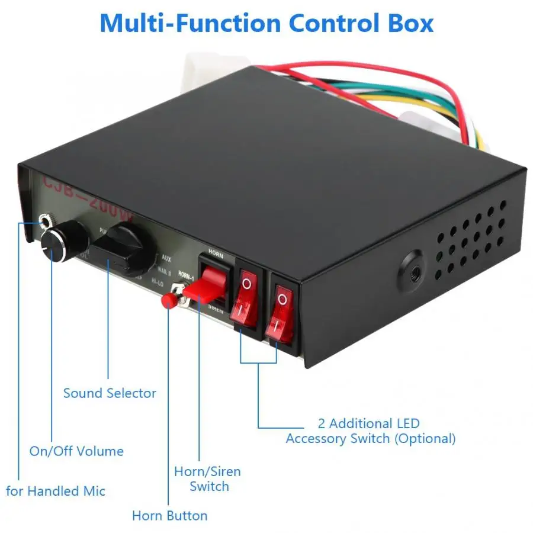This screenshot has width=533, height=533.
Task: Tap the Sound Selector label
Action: tap(110, 393)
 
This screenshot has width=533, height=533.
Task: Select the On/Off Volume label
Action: tap(76, 451)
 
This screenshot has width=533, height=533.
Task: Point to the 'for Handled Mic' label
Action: tap(56, 491)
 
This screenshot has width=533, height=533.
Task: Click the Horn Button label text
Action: tap(169, 515)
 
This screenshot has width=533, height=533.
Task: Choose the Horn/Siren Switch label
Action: tap(207, 479)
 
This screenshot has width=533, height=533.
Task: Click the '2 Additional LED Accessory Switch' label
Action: tap(370, 431)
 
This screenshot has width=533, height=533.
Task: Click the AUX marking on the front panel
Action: tap(166, 259)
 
